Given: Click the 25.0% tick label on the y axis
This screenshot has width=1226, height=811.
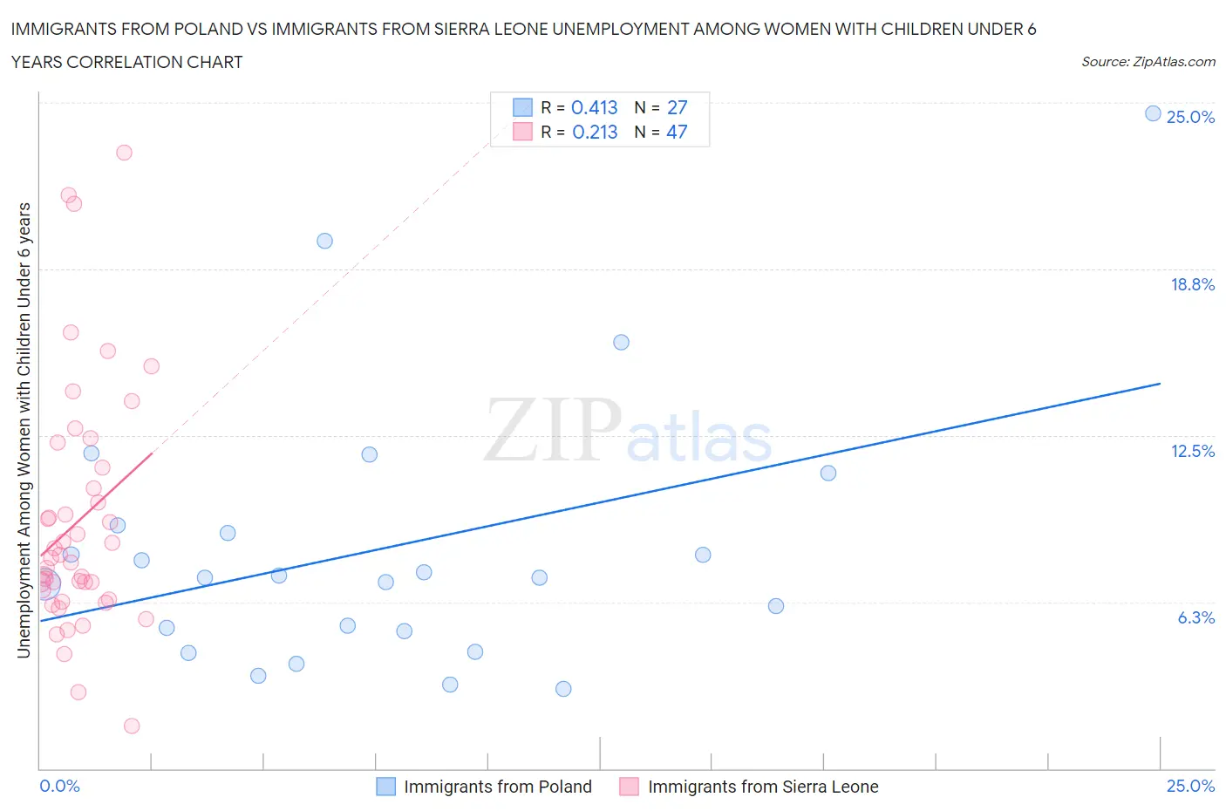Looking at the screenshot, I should coord(1190,117).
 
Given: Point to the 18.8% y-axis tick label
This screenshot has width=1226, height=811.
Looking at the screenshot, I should coord(1192,284).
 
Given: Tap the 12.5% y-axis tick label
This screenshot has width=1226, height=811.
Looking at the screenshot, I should coord(1192,451).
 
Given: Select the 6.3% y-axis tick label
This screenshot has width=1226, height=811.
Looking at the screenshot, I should coord(1195,617).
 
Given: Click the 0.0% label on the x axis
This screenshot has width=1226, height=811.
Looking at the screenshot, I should coord(59,786).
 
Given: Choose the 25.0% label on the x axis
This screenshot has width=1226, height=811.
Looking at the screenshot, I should coord(1190,786).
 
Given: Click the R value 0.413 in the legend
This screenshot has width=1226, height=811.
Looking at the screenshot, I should coord(594,107).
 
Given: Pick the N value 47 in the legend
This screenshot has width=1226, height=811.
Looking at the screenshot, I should coord(677,132).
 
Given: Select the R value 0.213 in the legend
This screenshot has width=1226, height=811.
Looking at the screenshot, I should coord(595,132).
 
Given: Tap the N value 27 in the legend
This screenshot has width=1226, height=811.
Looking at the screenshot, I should coord(677,107).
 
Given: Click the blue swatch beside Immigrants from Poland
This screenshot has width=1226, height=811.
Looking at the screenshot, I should coord(385,787).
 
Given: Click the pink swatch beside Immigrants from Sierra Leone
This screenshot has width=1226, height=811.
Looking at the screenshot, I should coord(629,787).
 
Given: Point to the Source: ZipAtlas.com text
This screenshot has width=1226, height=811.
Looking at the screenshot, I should coord(1148,61).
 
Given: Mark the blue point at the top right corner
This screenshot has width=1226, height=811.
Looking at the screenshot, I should coord(1153,113).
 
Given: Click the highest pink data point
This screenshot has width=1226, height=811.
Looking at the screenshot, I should coord(124,153).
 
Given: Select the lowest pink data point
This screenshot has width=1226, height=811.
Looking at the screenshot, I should coord(132,726).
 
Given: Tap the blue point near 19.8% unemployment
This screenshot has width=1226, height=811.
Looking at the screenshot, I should coord(324,241).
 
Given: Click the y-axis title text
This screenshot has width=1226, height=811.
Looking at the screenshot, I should coord(24,430).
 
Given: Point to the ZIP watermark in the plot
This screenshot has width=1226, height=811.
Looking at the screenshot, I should coord(553,430).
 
